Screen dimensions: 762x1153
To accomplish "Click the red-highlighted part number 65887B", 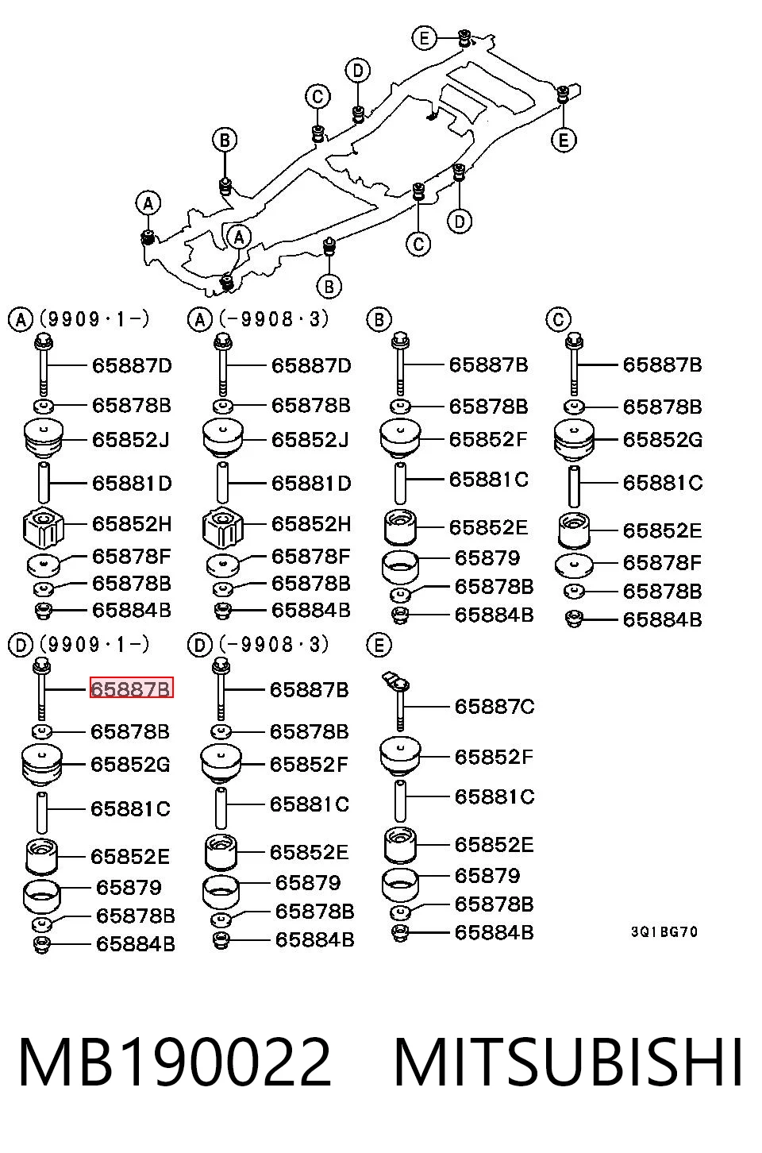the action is click(132, 687).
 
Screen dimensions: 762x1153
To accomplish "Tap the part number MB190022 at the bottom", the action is click(175, 1062).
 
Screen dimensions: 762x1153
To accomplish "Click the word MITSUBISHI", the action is click(568, 1062).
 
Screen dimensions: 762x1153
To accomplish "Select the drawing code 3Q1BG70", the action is click(664, 931).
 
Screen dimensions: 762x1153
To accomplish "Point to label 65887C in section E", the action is click(495, 706).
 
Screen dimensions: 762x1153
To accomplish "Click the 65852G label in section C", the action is click(662, 440).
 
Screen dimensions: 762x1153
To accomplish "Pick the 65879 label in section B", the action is click(487, 558).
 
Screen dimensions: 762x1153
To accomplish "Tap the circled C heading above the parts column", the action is click(558, 319).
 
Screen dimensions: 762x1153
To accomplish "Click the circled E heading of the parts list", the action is click(379, 645).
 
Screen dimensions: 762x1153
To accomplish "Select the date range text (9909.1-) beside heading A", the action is click(94, 319).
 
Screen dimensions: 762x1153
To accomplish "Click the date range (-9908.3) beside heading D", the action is click(274, 645).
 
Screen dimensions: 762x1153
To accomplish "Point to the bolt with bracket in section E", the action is click(398, 700).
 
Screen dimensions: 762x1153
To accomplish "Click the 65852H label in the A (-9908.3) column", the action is click(311, 524).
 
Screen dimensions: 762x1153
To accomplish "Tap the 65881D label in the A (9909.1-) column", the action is click(132, 484).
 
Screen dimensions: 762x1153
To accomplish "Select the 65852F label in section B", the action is click(488, 439).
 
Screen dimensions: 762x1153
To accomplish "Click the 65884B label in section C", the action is click(662, 619).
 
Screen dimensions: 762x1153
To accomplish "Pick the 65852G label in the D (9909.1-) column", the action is click(130, 765).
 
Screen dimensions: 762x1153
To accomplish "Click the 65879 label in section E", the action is click(487, 876).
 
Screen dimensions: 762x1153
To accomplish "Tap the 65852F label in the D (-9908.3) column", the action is click(309, 765).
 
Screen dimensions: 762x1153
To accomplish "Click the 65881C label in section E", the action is click(495, 796).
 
